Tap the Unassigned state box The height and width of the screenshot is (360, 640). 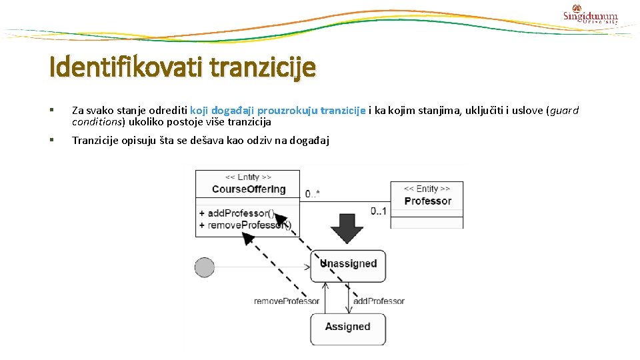(x=347, y=263)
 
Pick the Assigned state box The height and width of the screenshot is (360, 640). (x=347, y=327)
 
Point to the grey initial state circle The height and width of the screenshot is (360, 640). (x=204, y=267)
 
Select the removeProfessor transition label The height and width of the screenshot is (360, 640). (x=287, y=301)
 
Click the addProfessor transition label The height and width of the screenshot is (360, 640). (x=379, y=301)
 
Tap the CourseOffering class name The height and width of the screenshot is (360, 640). (x=249, y=189)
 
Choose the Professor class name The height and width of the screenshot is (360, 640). (x=427, y=201)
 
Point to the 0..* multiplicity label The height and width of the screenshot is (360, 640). (x=313, y=194)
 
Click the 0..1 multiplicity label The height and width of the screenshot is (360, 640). (x=378, y=211)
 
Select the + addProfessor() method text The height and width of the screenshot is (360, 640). (x=236, y=213)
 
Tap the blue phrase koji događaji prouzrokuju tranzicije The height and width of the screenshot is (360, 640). (x=277, y=111)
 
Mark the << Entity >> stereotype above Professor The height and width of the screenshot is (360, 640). (x=427, y=189)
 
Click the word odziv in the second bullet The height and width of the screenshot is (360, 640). (x=269, y=140)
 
